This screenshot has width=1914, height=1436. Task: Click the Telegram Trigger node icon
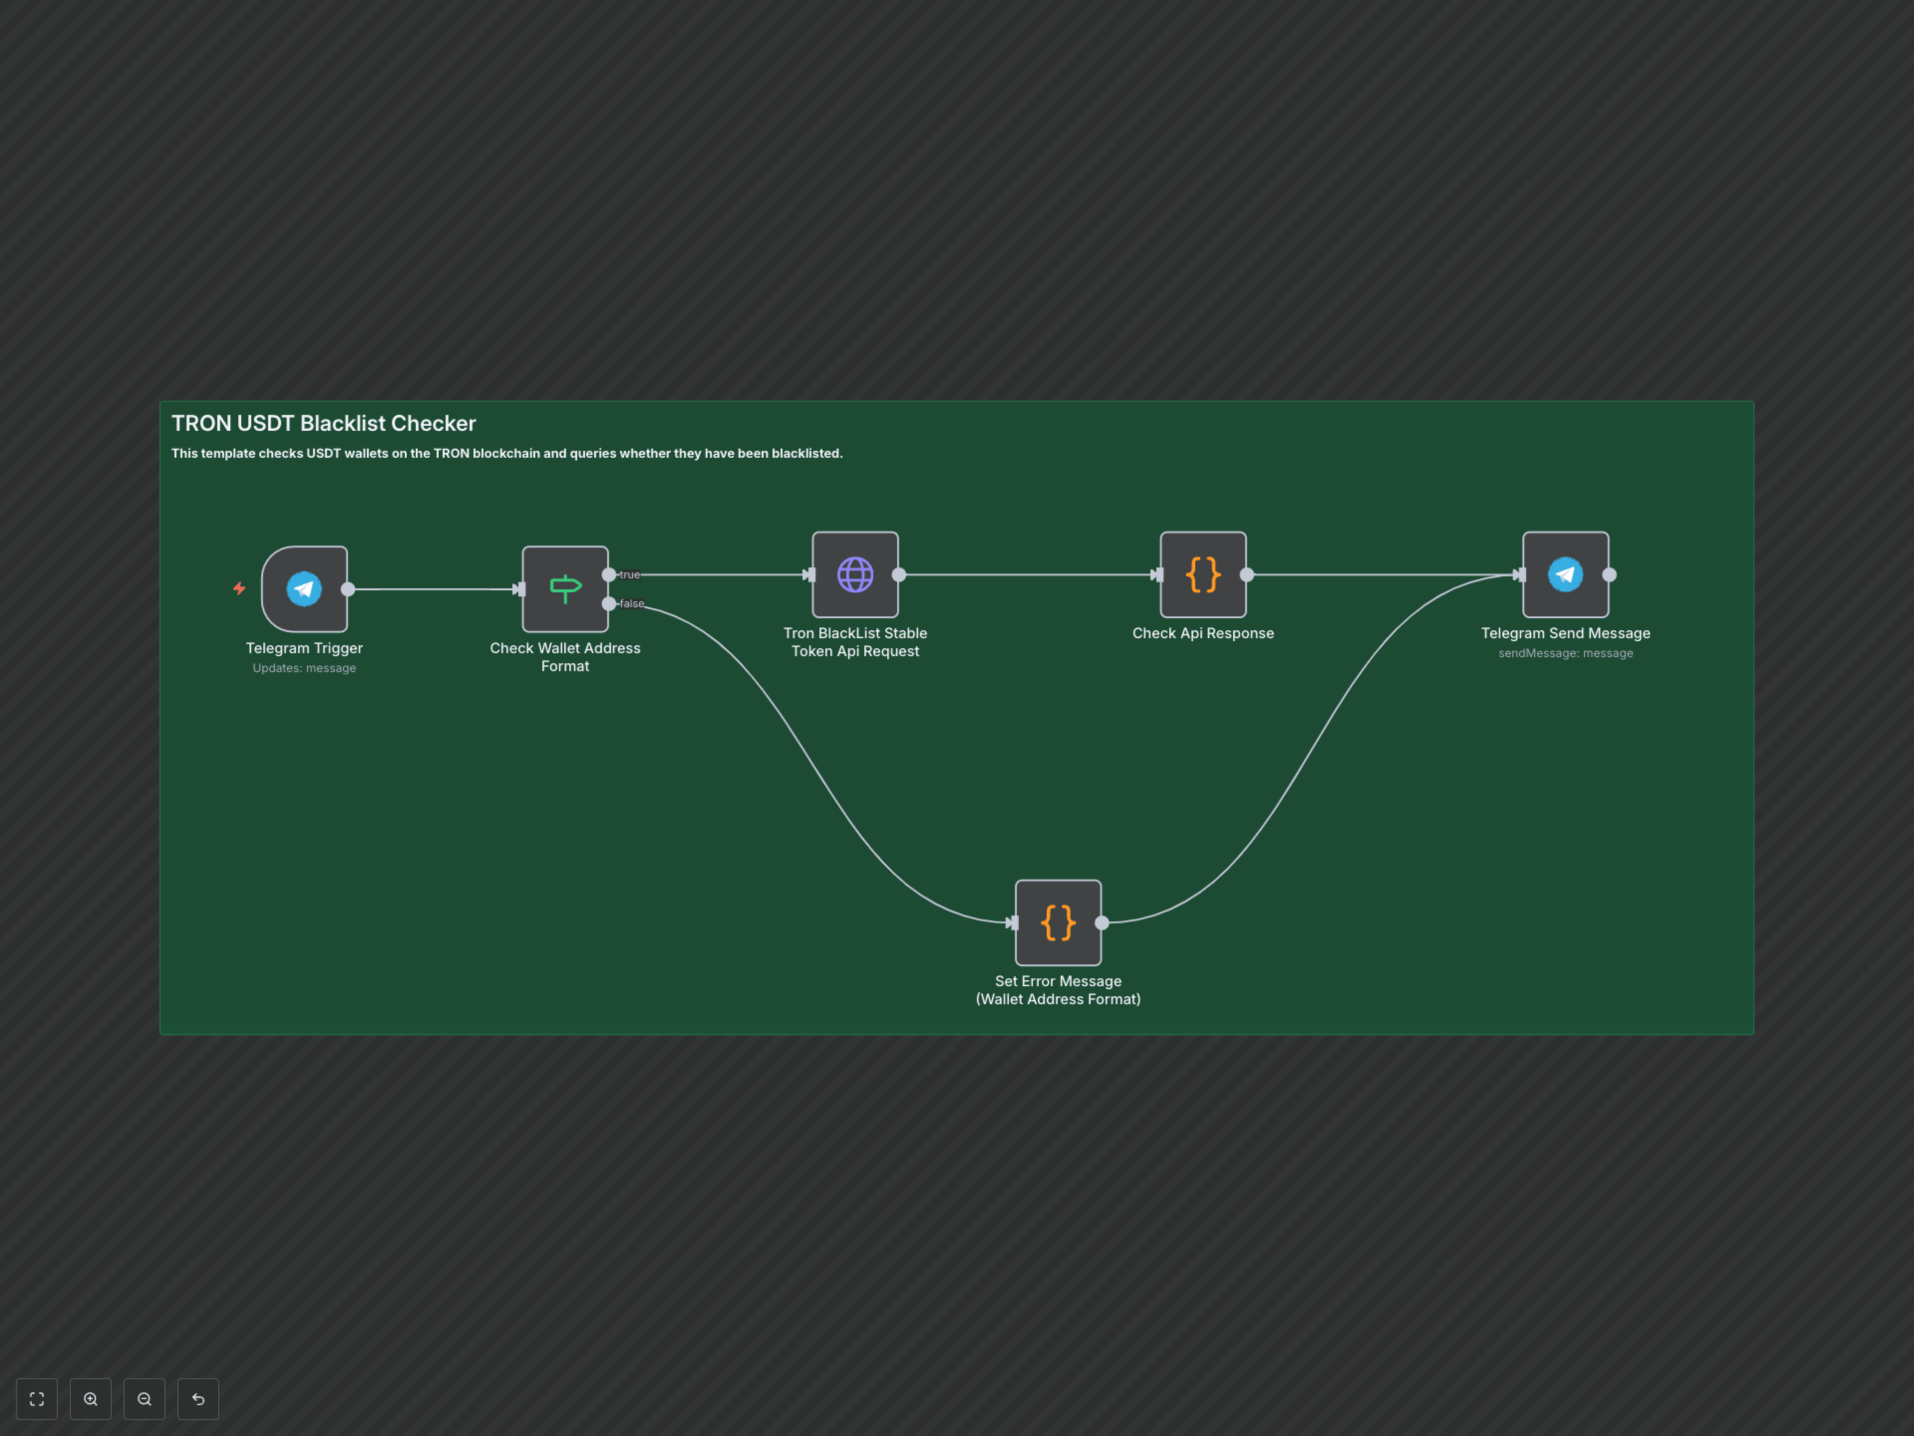tap(304, 588)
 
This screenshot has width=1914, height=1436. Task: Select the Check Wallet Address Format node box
tap(565, 588)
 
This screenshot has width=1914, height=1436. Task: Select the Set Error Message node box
tap(1057, 923)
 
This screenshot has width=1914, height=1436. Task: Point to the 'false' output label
tap(632, 603)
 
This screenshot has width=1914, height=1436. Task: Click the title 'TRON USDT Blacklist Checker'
tap(323, 423)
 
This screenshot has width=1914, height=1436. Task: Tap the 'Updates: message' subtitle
tap(304, 668)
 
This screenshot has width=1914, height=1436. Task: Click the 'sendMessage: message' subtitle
tap(1565, 654)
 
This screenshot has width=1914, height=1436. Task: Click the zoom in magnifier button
tap(91, 1399)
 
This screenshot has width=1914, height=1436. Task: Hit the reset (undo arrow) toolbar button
tap(198, 1399)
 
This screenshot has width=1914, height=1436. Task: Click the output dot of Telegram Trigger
tap(348, 589)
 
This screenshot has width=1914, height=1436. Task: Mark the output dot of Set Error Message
tap(1102, 923)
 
